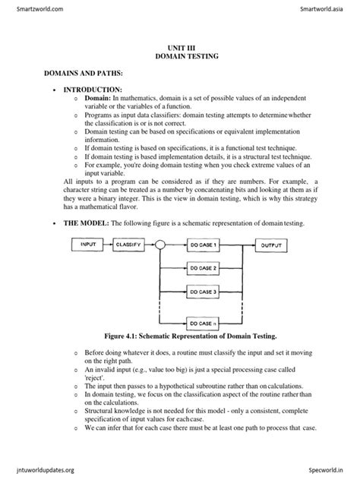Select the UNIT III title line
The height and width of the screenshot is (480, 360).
(x=180, y=47)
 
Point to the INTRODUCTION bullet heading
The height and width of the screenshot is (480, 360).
(x=90, y=90)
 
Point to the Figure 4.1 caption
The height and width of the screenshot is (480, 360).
(x=181, y=336)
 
